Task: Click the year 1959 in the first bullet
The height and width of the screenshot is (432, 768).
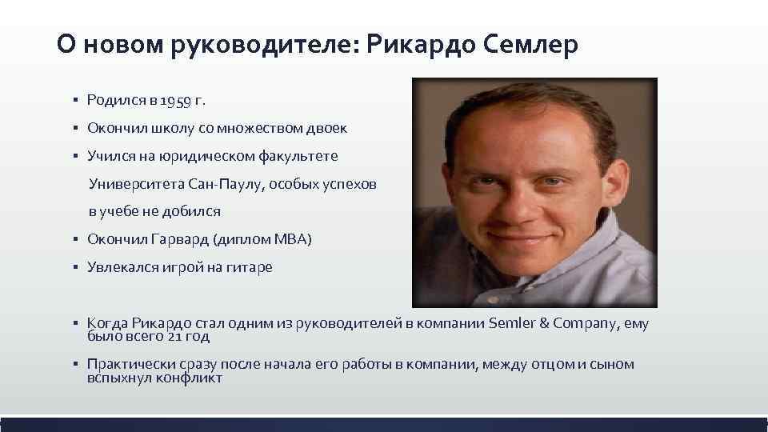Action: point(174,101)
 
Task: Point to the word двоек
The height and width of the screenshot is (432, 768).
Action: point(328,128)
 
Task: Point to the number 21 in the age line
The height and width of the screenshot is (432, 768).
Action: point(178,337)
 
